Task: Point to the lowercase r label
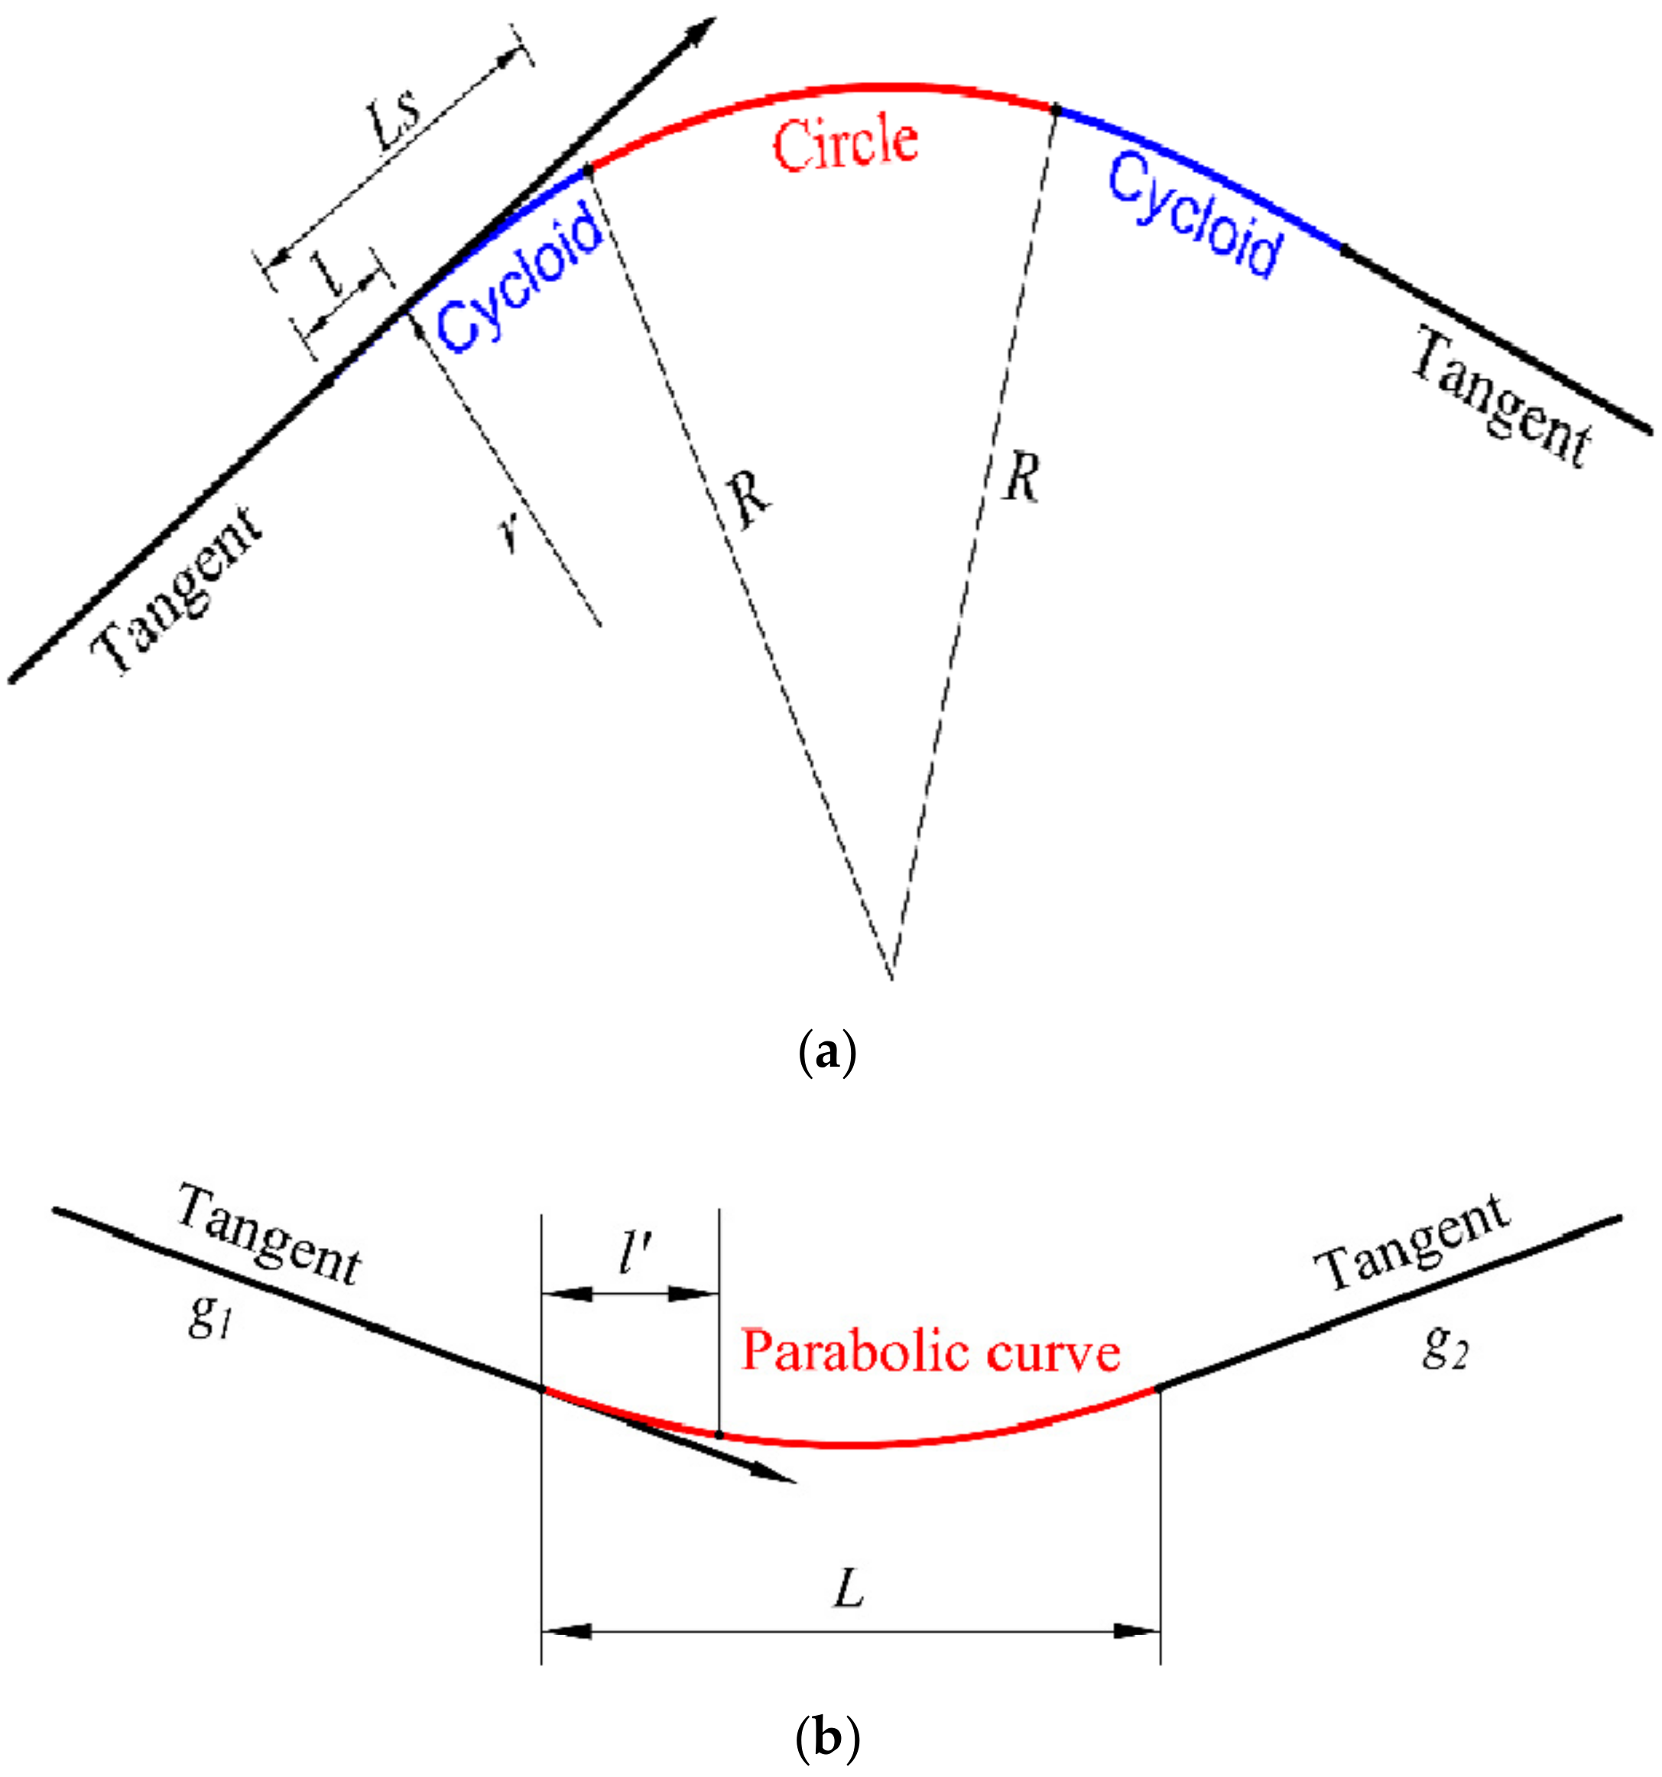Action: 509,534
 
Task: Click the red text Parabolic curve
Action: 930,1352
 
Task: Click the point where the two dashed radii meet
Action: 891,978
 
